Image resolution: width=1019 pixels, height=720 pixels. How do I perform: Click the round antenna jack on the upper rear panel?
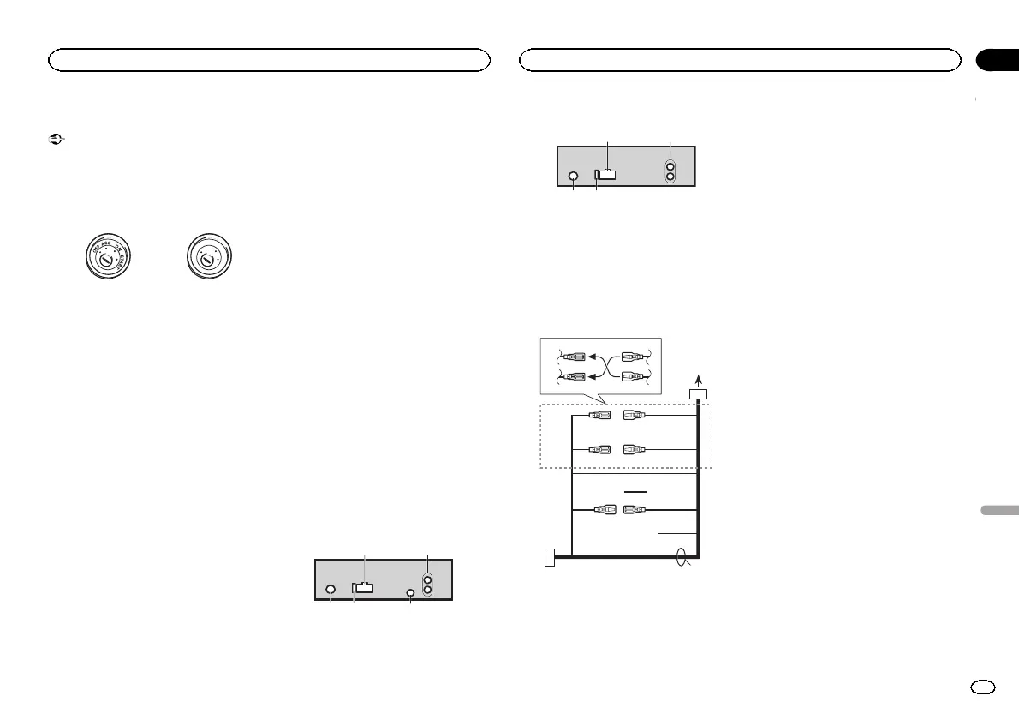coord(573,177)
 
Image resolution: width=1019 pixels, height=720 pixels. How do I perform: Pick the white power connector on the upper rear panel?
coord(605,175)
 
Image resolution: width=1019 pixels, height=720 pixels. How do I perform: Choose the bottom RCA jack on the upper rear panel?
coord(670,177)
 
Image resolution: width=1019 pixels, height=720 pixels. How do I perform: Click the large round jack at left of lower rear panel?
coord(331,590)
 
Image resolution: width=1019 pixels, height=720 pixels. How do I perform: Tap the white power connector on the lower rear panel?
coord(363,588)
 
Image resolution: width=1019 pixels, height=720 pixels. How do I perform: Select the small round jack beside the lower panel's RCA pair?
coord(410,593)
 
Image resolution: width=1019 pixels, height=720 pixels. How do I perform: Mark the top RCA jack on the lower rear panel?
coord(428,579)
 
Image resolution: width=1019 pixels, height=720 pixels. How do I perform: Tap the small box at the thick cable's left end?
coord(549,557)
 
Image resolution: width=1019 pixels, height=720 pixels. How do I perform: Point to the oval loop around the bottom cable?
coord(682,560)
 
